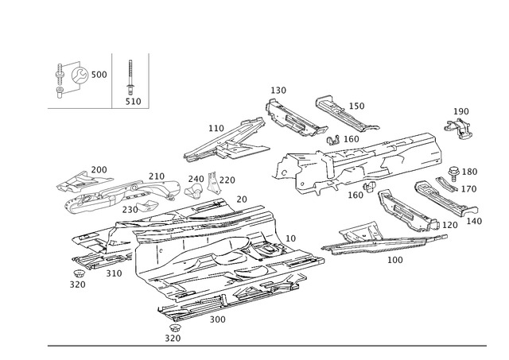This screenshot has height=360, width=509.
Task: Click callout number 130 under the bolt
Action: (x=132, y=101)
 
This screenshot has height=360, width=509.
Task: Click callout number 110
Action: (x=216, y=127)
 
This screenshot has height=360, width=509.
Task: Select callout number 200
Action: (x=99, y=168)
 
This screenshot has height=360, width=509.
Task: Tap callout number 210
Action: (x=156, y=175)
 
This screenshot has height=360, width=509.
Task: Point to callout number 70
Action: (x=242, y=197)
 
